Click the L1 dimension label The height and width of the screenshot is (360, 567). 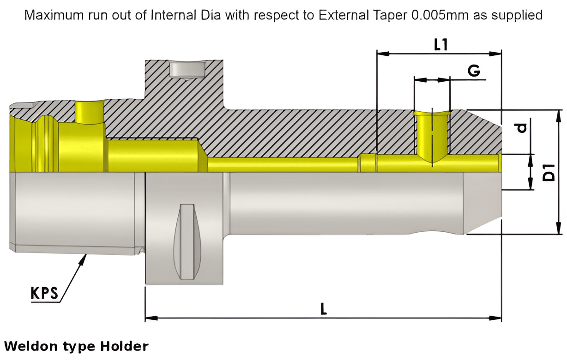point(441,44)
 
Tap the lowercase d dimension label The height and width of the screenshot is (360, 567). point(522,126)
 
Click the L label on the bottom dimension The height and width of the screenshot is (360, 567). point(324,309)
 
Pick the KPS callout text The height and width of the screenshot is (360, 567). point(45,294)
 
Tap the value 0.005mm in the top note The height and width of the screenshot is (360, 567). point(438,15)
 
